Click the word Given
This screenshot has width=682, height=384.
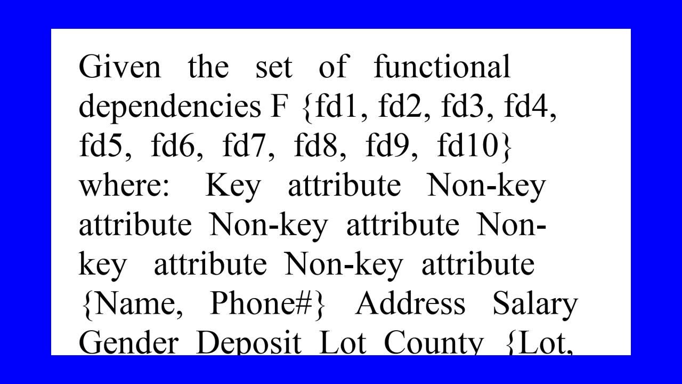(119, 67)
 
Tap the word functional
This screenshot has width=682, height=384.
(442, 67)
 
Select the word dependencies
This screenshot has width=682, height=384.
(170, 107)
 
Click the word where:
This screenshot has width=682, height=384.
(124, 186)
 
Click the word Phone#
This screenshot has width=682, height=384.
(263, 303)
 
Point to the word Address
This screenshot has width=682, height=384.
(410, 303)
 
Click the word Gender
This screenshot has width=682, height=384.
(128, 342)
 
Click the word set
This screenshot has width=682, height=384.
(274, 68)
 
